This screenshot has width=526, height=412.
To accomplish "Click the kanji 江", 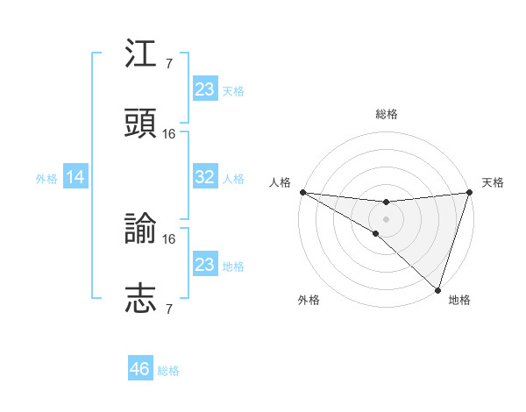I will [x=141, y=55].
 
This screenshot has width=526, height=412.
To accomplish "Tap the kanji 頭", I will [x=141, y=123].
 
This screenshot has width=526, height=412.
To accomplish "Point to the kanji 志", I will [x=141, y=298].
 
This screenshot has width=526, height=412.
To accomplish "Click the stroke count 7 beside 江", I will [x=169, y=64].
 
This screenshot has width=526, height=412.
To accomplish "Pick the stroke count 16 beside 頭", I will [x=169, y=133].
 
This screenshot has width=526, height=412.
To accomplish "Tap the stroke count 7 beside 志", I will [x=169, y=308].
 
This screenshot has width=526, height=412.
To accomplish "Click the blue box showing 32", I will [x=205, y=177].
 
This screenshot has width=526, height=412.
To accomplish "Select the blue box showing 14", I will [x=75, y=177].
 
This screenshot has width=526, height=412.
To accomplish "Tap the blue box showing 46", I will [x=140, y=369].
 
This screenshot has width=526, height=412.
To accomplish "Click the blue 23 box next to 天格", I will [x=205, y=89].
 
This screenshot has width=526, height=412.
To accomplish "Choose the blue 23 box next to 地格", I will [x=205, y=265].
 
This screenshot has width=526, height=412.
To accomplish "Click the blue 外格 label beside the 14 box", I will [x=46, y=178].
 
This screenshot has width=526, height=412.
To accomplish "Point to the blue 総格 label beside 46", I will [x=168, y=371].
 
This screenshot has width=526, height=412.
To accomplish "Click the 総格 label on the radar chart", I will [x=386, y=114].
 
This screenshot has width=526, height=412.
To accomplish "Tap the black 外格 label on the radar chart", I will [x=309, y=300].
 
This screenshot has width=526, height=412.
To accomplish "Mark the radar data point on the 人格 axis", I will [x=302, y=192].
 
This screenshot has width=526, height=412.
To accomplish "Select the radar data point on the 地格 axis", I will [x=437, y=289].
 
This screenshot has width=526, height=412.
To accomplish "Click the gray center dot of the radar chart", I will [x=386, y=218].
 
